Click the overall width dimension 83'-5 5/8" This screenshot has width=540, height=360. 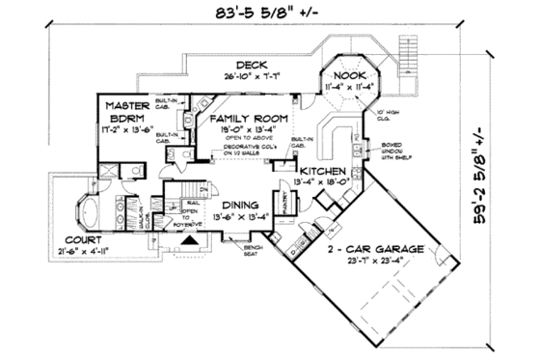click(259, 14)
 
